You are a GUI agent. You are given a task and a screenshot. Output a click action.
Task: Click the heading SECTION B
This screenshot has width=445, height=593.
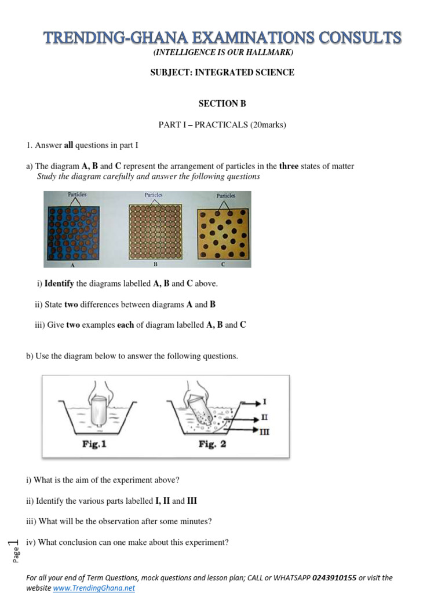[222, 104]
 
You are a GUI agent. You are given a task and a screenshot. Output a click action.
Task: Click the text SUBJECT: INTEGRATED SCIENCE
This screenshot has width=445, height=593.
[222, 72]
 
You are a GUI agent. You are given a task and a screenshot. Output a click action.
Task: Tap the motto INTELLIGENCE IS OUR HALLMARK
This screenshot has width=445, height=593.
[222, 53]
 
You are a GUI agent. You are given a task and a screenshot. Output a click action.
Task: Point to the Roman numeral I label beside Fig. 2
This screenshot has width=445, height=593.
[265, 401]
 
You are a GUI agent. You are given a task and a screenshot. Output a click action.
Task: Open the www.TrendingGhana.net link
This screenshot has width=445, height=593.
[94, 588]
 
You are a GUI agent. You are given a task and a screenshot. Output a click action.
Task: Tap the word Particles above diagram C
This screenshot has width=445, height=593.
[226, 196]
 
